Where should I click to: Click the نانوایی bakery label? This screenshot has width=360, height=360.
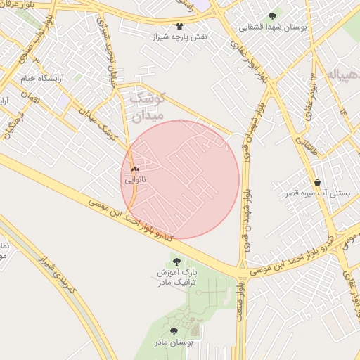(x=133, y=180)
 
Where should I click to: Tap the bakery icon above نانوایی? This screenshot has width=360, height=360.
(x=135, y=169)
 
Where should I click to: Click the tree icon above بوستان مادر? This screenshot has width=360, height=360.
(x=174, y=330)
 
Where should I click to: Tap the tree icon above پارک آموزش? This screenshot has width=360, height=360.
(x=176, y=262)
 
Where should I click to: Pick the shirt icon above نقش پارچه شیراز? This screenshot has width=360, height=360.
(x=179, y=25)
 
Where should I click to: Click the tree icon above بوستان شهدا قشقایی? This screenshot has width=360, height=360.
(x=272, y=15)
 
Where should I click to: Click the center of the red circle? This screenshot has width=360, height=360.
(x=181, y=179)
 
